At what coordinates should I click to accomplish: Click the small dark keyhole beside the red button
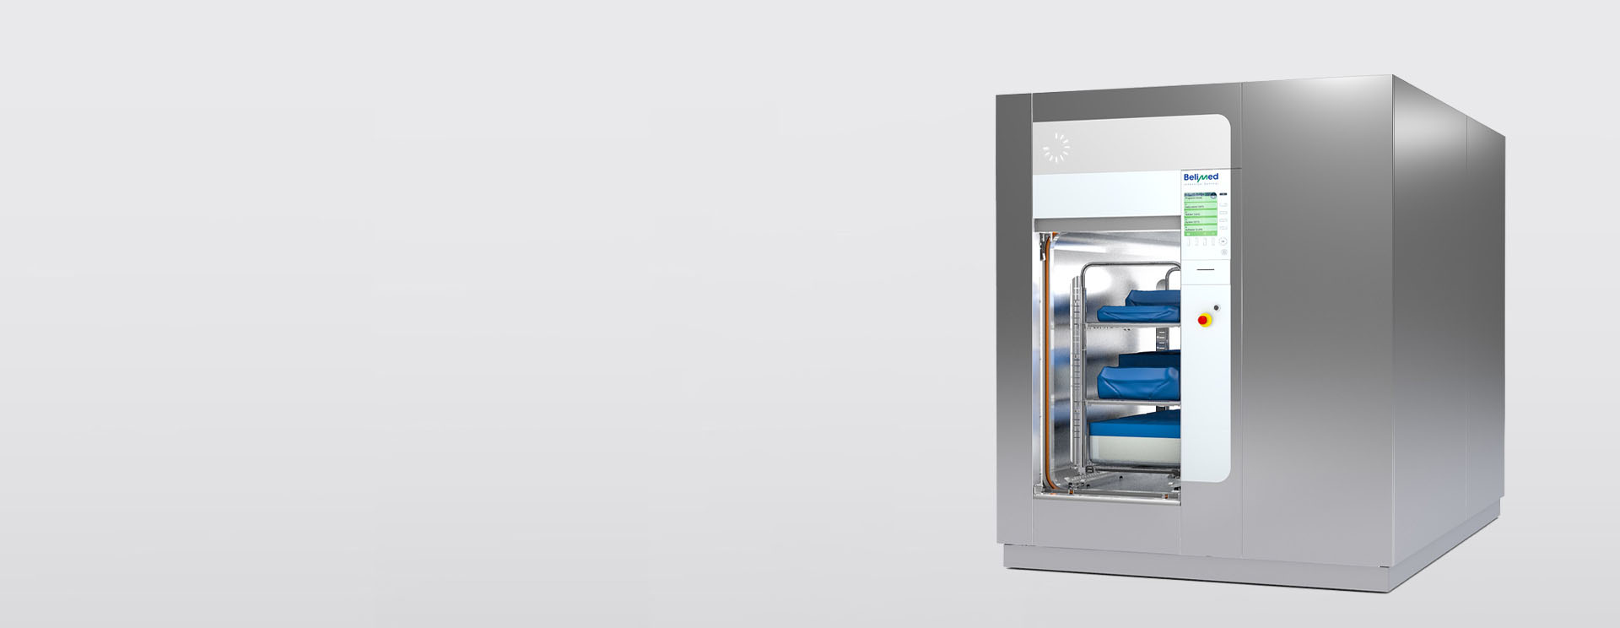[x=1216, y=308]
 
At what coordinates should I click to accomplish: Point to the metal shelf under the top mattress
[x=1131, y=325]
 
